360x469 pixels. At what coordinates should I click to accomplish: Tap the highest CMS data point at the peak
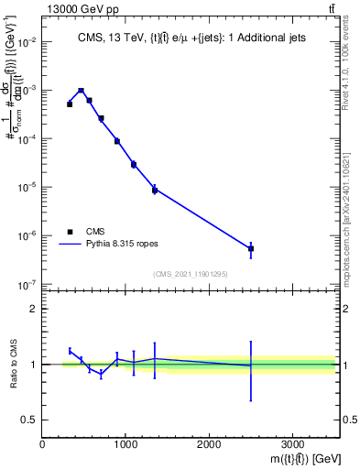click(82, 91)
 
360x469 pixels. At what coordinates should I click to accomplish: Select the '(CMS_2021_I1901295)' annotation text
click(190, 274)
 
